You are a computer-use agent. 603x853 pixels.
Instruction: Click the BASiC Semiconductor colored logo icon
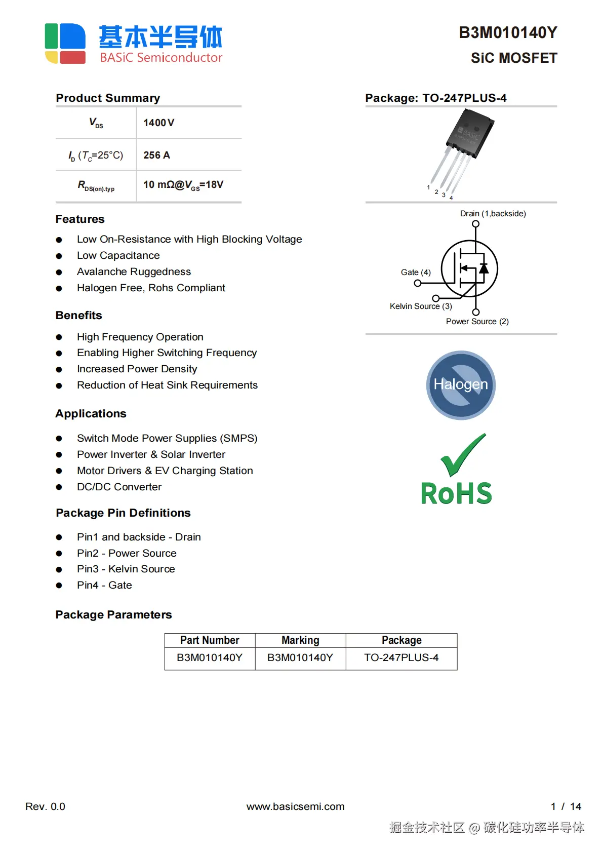point(65,43)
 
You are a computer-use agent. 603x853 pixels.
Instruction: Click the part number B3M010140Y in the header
point(507,33)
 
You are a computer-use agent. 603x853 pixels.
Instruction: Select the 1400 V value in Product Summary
point(158,123)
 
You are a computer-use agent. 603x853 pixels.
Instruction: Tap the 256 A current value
point(156,156)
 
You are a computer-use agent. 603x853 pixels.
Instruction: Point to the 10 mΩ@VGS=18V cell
point(183,185)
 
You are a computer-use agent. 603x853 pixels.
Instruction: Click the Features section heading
point(80,219)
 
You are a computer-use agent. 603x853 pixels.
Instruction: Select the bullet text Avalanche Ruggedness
point(134,272)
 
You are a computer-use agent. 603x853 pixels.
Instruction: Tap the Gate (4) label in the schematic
point(415,273)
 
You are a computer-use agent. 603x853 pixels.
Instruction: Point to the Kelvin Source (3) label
point(420,306)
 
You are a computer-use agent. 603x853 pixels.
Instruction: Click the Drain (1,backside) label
point(493,214)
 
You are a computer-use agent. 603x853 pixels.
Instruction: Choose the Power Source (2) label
point(477,322)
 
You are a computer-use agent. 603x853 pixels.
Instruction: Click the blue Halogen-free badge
point(461,385)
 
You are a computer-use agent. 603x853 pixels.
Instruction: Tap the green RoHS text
point(456,493)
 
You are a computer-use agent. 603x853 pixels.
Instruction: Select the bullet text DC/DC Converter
point(119,487)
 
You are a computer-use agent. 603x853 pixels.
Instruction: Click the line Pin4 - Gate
point(104,586)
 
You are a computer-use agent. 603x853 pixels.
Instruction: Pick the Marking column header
point(300,640)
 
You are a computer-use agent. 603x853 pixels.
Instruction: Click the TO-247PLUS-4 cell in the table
point(401,658)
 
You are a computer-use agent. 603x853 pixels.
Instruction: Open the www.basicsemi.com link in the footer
point(295,807)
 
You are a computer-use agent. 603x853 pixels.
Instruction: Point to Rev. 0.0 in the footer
point(45,807)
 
